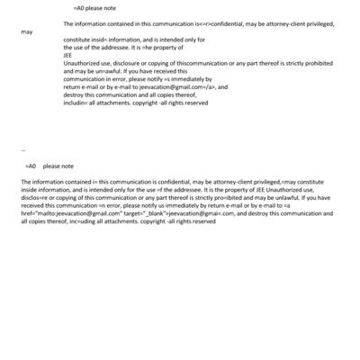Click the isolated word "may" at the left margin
(26, 31)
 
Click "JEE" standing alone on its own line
(68, 56)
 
